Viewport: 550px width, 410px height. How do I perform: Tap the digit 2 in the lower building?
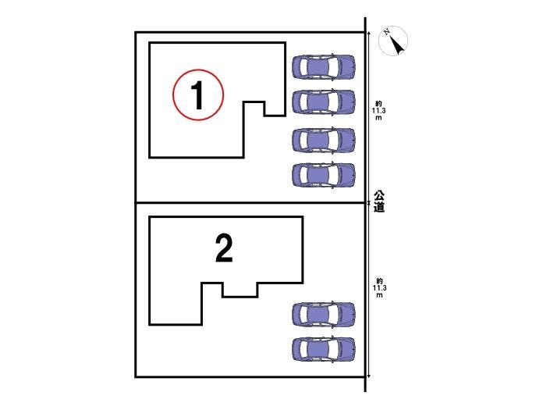click(x=224, y=248)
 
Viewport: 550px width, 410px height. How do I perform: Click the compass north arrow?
click(x=397, y=45)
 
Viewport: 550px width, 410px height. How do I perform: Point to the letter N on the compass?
click(x=387, y=32)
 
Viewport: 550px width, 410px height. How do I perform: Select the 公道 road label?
click(x=379, y=201)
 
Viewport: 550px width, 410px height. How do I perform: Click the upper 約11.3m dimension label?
click(x=379, y=111)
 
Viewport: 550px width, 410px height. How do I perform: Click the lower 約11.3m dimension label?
click(x=379, y=288)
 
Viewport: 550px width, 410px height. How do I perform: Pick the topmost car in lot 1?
click(x=324, y=66)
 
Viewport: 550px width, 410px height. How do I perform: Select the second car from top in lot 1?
click(x=324, y=102)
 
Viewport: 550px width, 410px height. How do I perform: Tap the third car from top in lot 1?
click(x=324, y=141)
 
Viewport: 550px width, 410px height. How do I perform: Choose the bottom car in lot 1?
click(x=324, y=175)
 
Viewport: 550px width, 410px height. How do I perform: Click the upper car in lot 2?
click(x=324, y=314)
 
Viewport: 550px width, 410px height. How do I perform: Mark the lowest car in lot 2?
click(x=324, y=349)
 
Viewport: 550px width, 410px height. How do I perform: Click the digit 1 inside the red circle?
click(x=198, y=94)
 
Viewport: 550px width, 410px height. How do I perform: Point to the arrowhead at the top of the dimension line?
click(x=369, y=34)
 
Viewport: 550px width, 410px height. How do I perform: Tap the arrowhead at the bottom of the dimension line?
click(x=369, y=376)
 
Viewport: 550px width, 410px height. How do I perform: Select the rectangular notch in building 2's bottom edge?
click(x=240, y=290)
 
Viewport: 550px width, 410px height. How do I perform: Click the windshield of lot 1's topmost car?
click(x=335, y=66)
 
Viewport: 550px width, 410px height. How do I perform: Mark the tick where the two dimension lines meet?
click(x=369, y=203)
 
